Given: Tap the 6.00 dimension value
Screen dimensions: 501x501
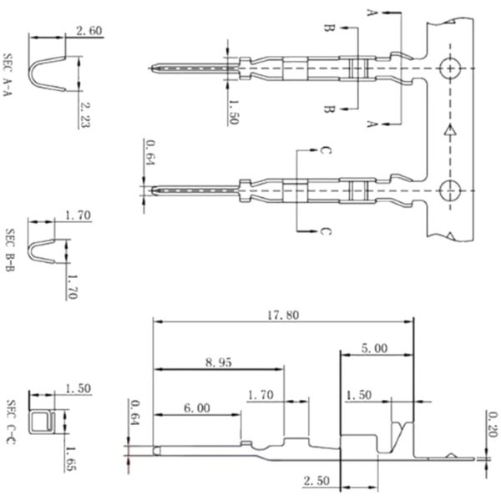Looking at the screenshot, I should coord(198,408).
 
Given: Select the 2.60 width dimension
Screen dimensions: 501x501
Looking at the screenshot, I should coord(89,31).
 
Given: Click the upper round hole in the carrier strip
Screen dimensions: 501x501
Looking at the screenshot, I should coord(450,68).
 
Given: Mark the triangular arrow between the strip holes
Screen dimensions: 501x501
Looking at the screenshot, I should coord(450,129).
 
